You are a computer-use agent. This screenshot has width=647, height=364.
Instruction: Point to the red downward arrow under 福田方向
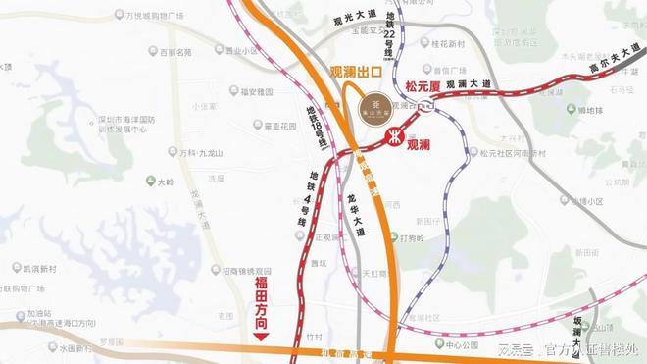click(261, 336)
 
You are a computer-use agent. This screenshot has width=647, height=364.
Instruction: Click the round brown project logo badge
click(374, 109)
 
